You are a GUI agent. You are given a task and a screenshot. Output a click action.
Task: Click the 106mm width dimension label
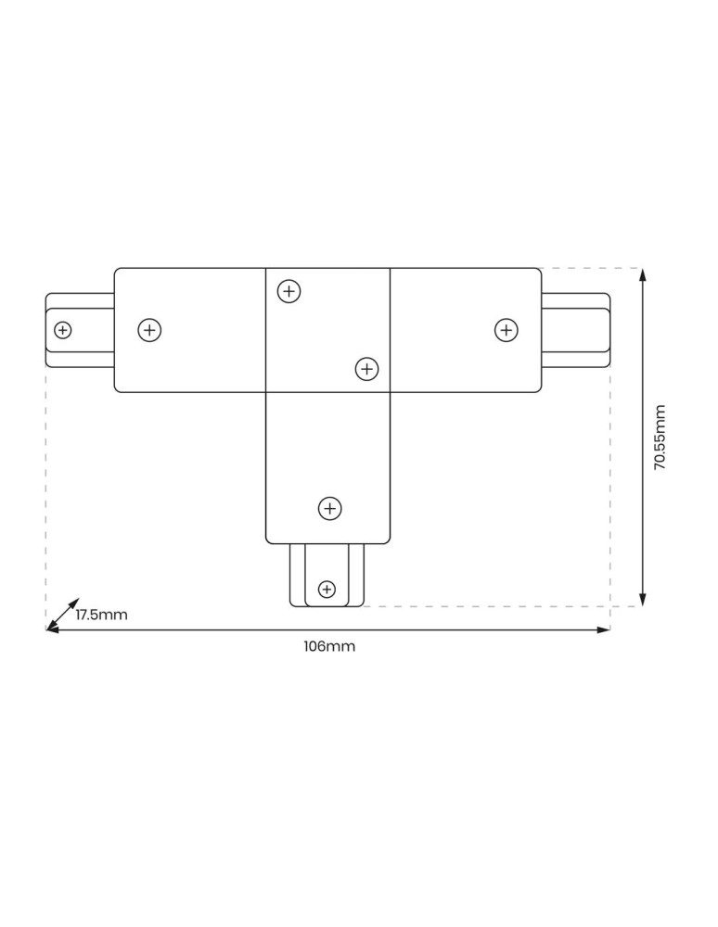[329, 646]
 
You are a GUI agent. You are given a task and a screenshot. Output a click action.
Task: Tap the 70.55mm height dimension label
[660, 438]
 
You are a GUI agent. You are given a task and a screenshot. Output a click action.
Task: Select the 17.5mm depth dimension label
[101, 615]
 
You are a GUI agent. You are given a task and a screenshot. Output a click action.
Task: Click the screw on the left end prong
[63, 329]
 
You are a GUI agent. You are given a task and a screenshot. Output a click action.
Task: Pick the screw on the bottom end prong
[327, 589]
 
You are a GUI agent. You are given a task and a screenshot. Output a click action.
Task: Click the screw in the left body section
[149, 329]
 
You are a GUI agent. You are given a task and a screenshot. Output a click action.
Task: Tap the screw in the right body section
[506, 329]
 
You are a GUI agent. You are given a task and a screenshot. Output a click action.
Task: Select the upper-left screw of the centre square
[289, 291]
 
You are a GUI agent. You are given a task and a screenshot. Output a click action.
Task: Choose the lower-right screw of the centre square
[367, 369]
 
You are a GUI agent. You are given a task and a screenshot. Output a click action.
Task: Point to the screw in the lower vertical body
[330, 508]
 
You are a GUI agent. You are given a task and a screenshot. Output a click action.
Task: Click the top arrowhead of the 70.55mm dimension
[644, 274]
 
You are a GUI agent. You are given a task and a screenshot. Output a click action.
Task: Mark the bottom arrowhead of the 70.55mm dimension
[644, 600]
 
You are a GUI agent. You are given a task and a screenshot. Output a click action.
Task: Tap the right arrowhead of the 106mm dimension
[604, 629]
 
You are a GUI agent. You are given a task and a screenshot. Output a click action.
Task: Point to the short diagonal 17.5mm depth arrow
[64, 613]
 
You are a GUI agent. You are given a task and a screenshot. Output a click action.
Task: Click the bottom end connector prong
[327, 576]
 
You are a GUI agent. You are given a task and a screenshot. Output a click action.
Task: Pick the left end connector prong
[80, 330]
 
